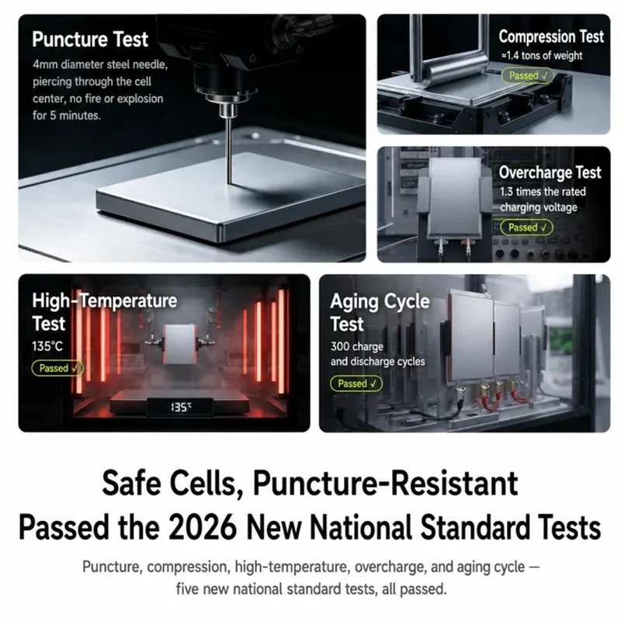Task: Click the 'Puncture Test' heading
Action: pos(90,40)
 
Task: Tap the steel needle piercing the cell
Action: pos(228,151)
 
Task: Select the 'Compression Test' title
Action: pos(551,36)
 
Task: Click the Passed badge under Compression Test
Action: pos(527,75)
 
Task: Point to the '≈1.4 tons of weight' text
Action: pos(542,55)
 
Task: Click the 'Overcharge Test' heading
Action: pos(550,172)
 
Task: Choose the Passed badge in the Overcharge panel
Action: pos(526,227)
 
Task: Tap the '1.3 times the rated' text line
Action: pos(543,192)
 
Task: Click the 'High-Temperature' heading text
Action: pos(105,300)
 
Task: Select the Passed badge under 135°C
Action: pos(57,368)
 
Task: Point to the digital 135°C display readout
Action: pos(181,407)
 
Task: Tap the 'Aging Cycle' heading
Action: pos(380,301)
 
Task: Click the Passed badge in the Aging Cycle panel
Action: pos(356,383)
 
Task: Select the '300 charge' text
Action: pos(357,346)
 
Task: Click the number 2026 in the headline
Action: pos(203,528)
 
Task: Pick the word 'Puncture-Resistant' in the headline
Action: pos(385,483)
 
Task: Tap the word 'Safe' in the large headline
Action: pos(131,483)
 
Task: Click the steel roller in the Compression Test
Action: pos(455,68)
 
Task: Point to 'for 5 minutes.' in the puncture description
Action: pos(67,116)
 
